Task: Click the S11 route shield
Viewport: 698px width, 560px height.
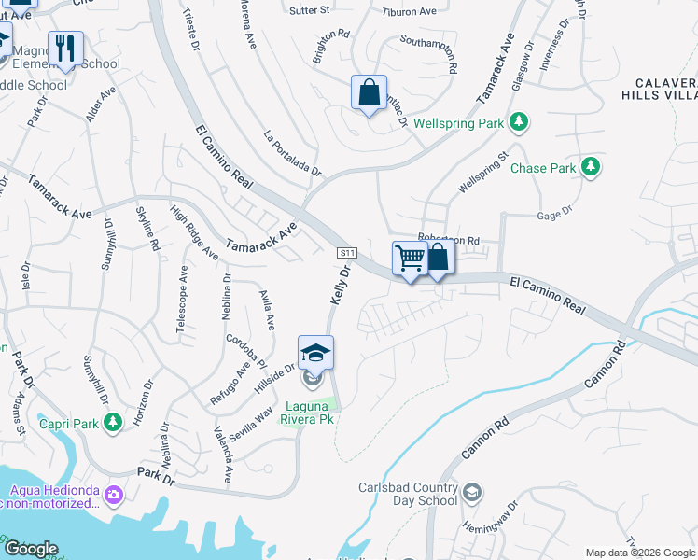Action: (x=347, y=252)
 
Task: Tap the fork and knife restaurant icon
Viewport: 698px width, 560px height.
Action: (x=65, y=48)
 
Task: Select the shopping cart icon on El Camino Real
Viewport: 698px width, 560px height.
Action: (x=411, y=258)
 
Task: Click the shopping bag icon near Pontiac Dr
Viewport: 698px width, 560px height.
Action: (x=370, y=92)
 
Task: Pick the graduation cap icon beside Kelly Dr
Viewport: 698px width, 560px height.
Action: (x=315, y=352)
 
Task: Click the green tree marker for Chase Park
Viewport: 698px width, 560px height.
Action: (x=590, y=168)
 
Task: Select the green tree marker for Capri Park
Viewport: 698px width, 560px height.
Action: (x=112, y=424)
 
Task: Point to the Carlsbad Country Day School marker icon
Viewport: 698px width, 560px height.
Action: (x=472, y=491)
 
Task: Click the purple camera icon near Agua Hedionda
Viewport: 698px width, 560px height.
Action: (x=114, y=492)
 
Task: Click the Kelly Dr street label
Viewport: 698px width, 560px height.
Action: (x=340, y=286)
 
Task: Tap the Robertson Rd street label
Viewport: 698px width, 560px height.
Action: (x=449, y=239)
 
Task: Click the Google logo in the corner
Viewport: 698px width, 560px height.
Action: (x=31, y=549)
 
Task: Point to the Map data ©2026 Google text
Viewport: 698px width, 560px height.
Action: (x=639, y=553)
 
